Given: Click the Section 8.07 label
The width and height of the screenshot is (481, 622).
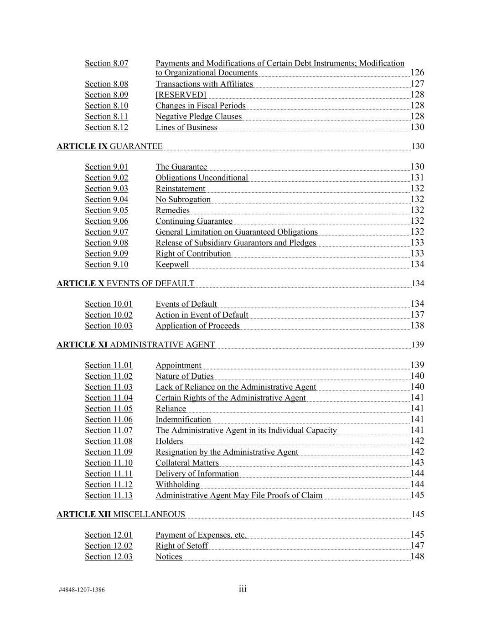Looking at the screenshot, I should (x=106, y=63).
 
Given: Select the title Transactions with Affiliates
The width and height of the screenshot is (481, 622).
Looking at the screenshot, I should (x=204, y=84).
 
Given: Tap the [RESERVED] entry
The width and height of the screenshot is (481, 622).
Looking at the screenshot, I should (x=181, y=95).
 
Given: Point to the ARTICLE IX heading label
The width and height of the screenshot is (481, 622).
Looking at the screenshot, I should (x=82, y=146).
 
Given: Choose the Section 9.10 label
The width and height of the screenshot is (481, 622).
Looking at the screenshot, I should (x=106, y=265).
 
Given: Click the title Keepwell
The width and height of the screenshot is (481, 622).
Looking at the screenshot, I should (x=172, y=265).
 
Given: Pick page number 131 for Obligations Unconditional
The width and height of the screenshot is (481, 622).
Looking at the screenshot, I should (x=417, y=178).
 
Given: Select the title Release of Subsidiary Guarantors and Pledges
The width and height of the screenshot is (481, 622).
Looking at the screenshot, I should (x=235, y=243).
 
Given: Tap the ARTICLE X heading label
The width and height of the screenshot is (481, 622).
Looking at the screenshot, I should (x=80, y=283).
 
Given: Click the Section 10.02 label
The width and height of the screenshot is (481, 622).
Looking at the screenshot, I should (x=109, y=315).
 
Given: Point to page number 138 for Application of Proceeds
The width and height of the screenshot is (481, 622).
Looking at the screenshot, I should (x=417, y=326).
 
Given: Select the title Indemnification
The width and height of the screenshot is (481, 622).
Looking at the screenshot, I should (x=183, y=420).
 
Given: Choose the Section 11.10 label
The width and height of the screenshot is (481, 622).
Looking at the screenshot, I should (x=109, y=463).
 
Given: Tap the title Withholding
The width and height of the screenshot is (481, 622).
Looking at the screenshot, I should (x=177, y=484).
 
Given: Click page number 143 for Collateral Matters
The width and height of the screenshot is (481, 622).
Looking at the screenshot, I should (x=417, y=463).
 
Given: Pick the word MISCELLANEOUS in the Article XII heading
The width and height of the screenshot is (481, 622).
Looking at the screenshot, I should (x=149, y=514).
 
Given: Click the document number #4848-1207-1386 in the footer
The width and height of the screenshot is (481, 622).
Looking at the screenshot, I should (x=82, y=590).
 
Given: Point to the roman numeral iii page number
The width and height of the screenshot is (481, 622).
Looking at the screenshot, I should (x=242, y=589).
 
